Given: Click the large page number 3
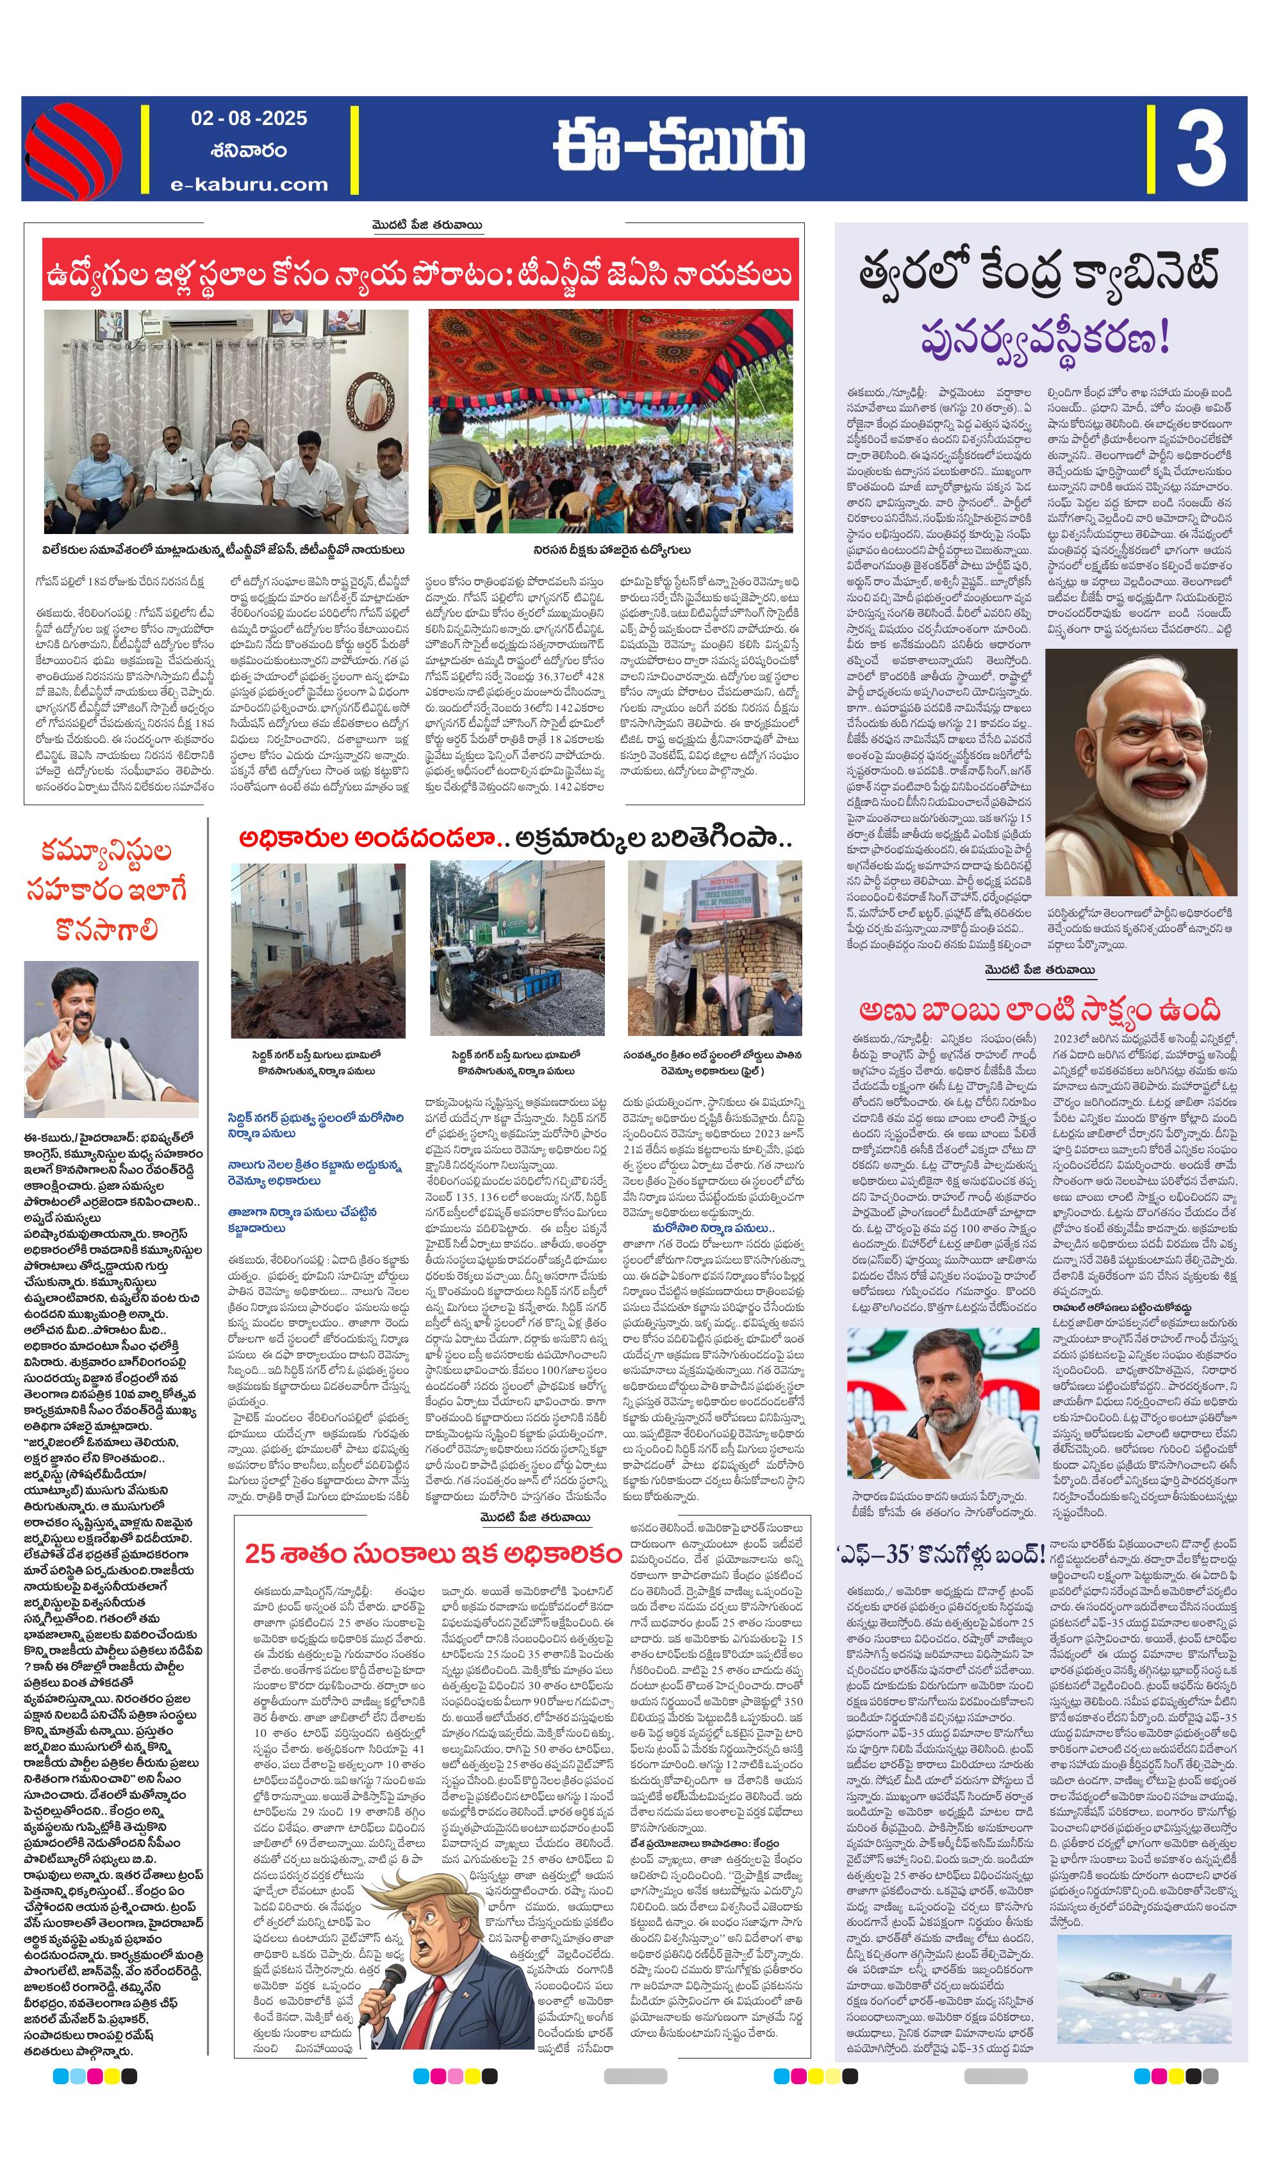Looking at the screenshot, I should [x=1200, y=149].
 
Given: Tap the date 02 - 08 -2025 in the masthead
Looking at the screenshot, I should [x=249, y=119].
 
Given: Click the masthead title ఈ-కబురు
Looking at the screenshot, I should [x=679, y=146].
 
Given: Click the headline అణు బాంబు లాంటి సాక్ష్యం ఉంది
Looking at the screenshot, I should [x=1039, y=1010].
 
